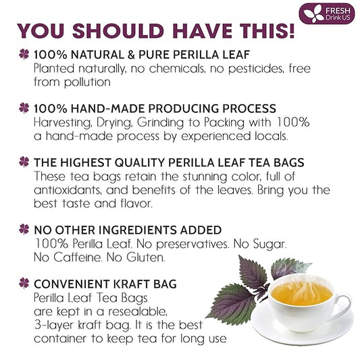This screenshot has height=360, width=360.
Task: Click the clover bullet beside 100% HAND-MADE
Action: (x=24, y=108)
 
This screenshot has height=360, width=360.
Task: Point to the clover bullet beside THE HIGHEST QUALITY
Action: (x=24, y=161)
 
